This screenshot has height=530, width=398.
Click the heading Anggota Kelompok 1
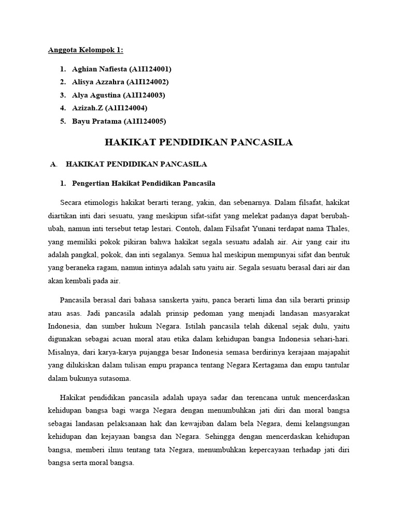[x=86, y=50]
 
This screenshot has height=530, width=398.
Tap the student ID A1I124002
[x=150, y=82]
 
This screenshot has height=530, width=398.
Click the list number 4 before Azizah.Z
[x=62, y=108]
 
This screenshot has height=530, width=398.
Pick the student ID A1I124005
[x=147, y=121]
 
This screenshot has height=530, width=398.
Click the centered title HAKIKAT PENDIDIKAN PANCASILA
[x=199, y=142]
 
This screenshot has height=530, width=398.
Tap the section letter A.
[x=53, y=165]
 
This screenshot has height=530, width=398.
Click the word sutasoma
[x=116, y=378]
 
